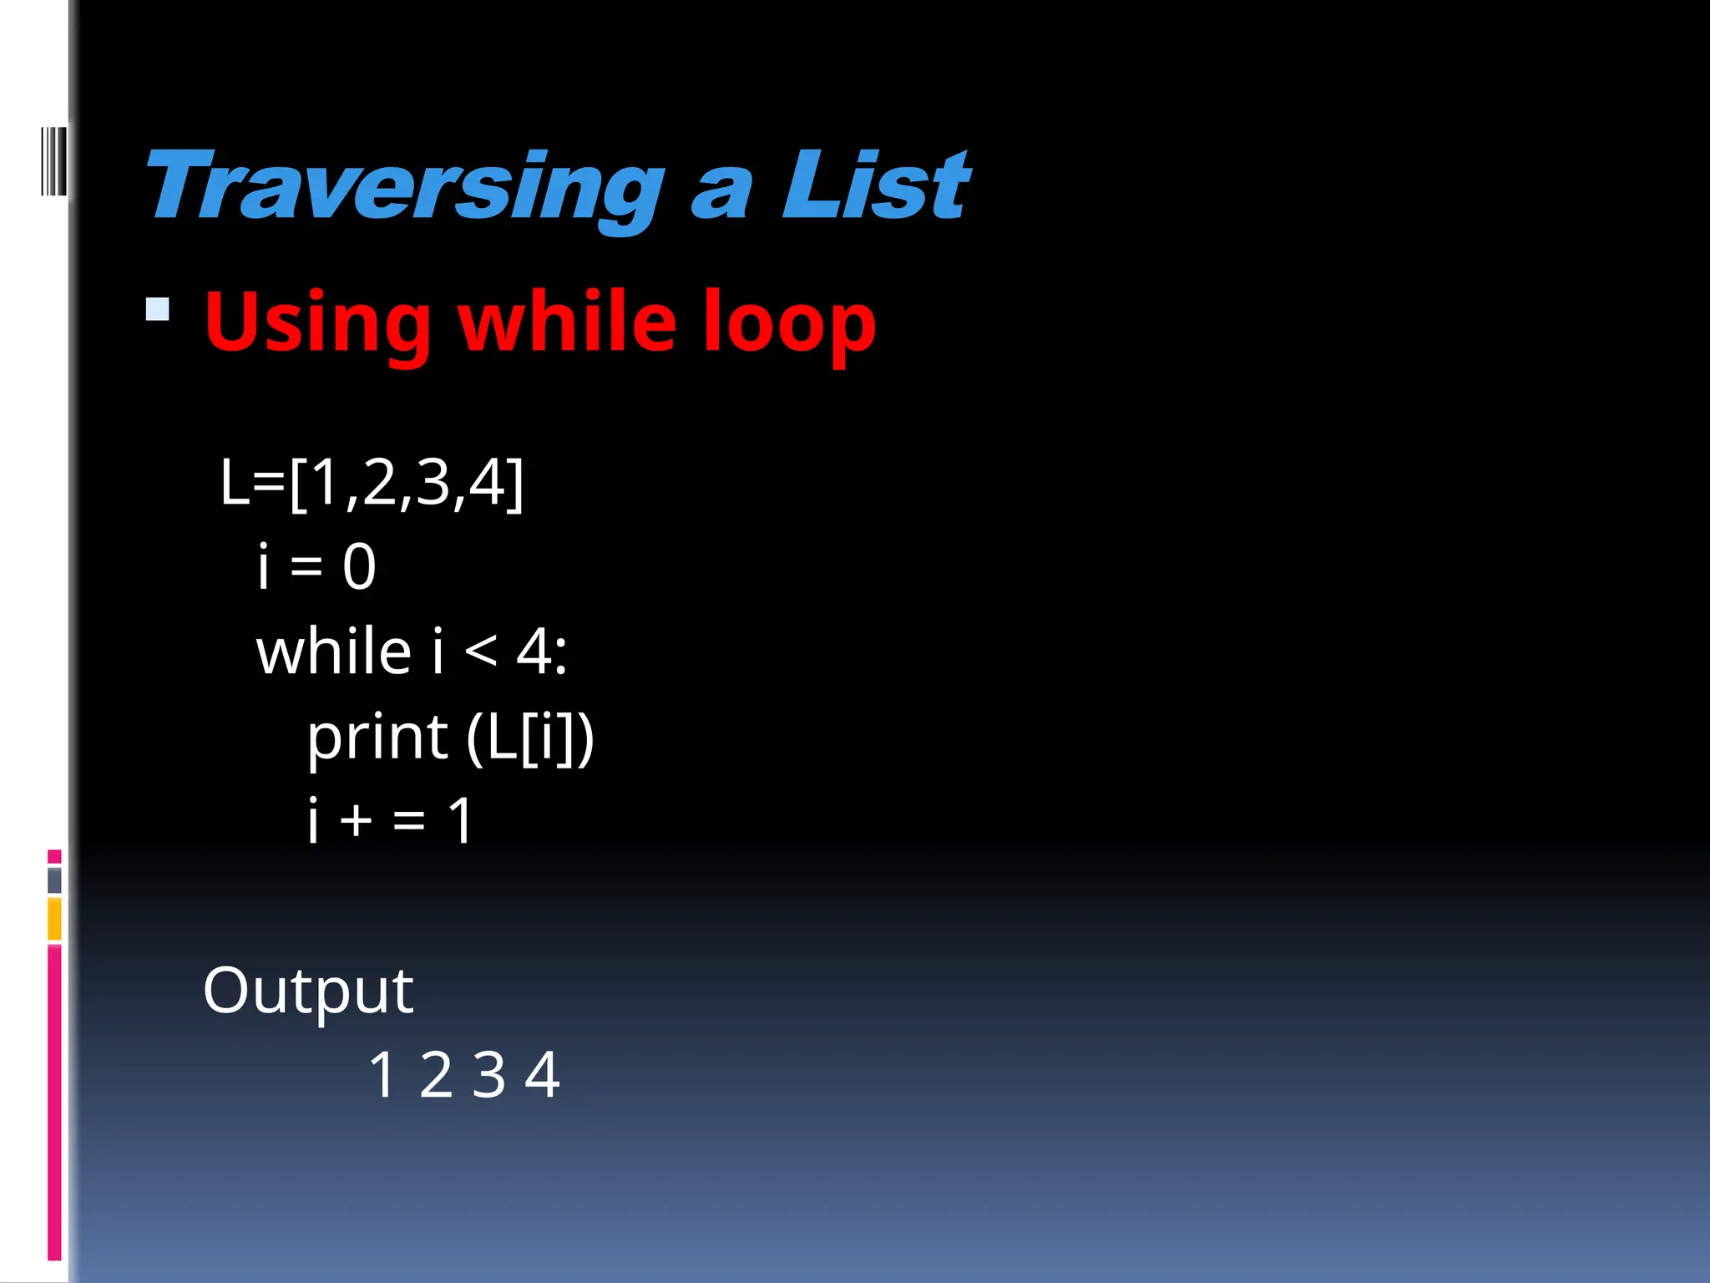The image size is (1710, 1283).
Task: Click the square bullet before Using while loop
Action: [x=157, y=310]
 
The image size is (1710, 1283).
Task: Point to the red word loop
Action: [x=788, y=322]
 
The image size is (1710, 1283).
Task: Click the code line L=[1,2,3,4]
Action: [x=372, y=483]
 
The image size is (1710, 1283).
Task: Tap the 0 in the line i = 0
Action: [x=359, y=567]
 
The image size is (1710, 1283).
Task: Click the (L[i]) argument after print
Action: [x=530, y=738]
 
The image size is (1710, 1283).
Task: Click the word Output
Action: [x=308, y=991]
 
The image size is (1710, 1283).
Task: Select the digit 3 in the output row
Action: [x=488, y=1076]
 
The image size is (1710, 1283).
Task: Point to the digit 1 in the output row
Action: [x=382, y=1076]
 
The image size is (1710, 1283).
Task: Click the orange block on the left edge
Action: [x=54, y=919]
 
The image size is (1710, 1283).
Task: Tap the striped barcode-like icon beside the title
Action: [x=53, y=160]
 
